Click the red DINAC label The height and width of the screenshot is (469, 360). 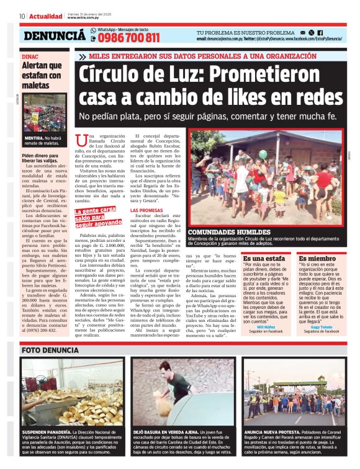[30, 56]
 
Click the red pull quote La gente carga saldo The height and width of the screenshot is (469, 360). [98, 217]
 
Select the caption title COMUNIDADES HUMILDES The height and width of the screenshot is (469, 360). [227, 232]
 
